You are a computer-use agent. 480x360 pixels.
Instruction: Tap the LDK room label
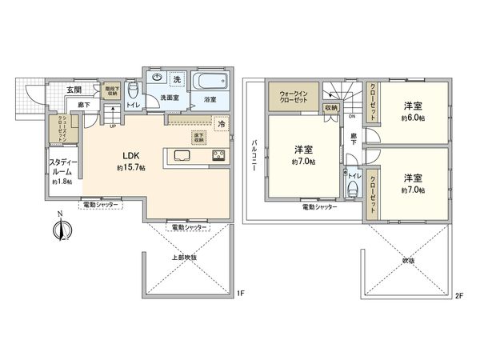[130, 157]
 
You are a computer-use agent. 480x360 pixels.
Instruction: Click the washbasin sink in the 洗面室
[157, 78]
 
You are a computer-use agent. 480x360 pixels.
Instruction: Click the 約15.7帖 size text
[130, 169]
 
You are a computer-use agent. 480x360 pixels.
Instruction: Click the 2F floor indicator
[458, 294]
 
